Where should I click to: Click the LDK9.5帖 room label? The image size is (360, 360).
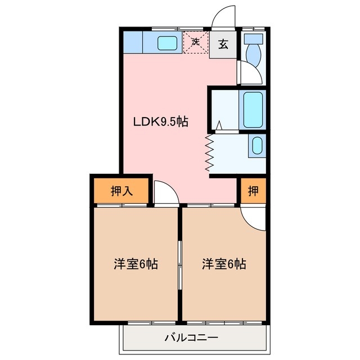160,121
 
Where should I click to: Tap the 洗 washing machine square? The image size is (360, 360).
196,42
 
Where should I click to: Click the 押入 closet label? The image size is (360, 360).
121,191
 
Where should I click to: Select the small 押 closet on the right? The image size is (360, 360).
253,191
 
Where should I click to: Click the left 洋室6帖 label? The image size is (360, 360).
136,264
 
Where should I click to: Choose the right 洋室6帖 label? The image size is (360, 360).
224,264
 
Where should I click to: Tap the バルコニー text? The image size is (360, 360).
191,338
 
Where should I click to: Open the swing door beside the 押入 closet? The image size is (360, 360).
165,193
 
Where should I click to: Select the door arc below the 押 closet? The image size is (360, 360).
253,218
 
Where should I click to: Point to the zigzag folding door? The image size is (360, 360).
210,152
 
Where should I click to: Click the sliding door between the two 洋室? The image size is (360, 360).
180,264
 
